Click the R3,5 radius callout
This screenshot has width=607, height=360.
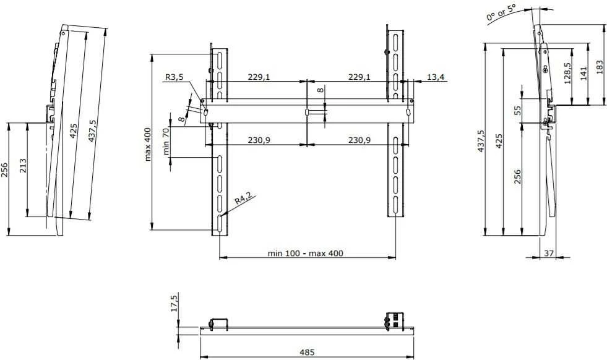point(174,77)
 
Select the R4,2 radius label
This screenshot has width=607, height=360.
point(243,199)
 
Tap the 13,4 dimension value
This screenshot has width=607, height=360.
point(436,77)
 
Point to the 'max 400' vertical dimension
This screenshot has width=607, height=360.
point(148,144)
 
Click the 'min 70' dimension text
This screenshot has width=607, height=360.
point(166,142)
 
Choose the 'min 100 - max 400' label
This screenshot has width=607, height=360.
point(306,254)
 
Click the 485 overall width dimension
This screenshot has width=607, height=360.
point(307,352)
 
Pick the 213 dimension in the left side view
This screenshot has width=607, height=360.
point(23,165)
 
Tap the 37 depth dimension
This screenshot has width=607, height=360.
point(549,253)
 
